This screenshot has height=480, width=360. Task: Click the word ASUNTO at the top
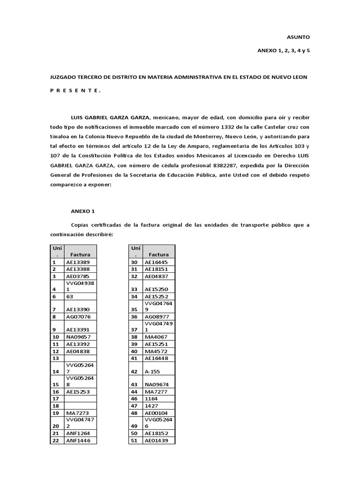[x=298, y=37]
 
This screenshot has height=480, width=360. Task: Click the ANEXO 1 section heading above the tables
[x=82, y=211]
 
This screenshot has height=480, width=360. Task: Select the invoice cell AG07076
[x=78, y=316]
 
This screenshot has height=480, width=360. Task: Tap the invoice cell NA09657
[x=78, y=337]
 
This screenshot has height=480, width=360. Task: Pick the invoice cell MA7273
[x=77, y=413]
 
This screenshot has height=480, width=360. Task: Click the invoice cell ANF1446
[x=77, y=440]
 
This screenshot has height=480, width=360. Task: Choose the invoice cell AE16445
[x=157, y=262]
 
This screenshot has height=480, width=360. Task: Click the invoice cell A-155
[x=152, y=371]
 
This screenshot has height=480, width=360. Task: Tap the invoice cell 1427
[x=151, y=406]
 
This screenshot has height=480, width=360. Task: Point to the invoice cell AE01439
[x=157, y=440]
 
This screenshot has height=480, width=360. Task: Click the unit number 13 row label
[x=55, y=358]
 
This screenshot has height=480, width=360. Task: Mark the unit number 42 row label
[x=134, y=371]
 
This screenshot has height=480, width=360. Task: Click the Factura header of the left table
[x=80, y=255]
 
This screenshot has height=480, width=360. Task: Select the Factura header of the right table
[x=159, y=255]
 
